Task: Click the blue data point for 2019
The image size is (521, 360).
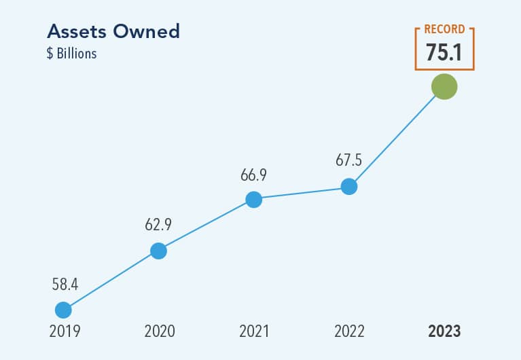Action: (63, 310)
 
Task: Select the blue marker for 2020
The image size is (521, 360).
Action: (158, 251)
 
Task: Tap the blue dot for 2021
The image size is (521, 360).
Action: (253, 199)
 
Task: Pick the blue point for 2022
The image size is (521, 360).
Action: (348, 186)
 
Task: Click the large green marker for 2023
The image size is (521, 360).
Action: (444, 86)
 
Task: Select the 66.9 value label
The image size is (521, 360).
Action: (253, 175)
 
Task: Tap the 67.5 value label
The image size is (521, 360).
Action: (348, 161)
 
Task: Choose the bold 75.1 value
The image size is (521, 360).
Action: (444, 53)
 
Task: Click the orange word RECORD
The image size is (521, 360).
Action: (444, 30)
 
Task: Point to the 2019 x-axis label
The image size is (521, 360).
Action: (64, 332)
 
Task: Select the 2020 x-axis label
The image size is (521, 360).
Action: (160, 332)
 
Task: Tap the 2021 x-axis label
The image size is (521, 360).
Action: (254, 332)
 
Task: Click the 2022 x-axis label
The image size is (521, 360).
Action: (349, 332)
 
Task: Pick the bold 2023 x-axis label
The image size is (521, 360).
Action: (444, 332)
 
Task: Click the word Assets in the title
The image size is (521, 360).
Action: (75, 32)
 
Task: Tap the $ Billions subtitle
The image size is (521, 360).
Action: (71, 54)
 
